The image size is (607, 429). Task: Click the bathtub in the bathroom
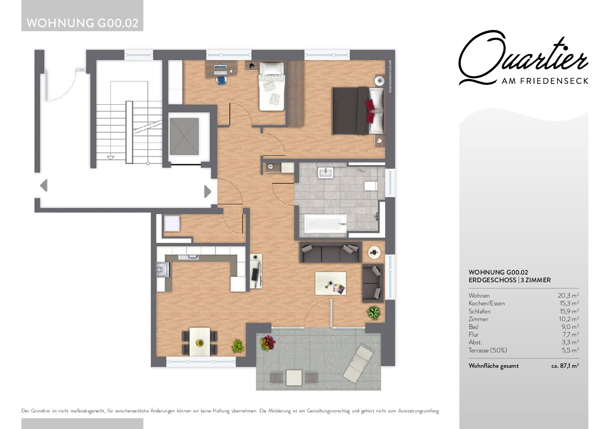point(325,224)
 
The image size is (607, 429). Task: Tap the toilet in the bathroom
point(371,186)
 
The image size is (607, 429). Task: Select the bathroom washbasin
point(326,173)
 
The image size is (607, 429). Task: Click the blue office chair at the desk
point(222,80)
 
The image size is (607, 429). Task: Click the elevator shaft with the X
point(184,137)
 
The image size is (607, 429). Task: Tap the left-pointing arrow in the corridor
point(44,186)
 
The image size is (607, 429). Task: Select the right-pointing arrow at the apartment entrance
point(208,191)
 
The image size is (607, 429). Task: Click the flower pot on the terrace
point(268,343)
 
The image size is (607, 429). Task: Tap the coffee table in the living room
point(330,283)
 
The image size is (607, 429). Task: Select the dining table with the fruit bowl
point(200,342)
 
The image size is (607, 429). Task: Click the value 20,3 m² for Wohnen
point(568,296)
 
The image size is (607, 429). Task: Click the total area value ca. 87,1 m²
point(565,366)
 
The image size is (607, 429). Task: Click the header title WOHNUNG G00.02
point(82,23)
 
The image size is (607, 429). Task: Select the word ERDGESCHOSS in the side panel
point(492,280)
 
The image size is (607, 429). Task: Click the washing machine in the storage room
point(172,223)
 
